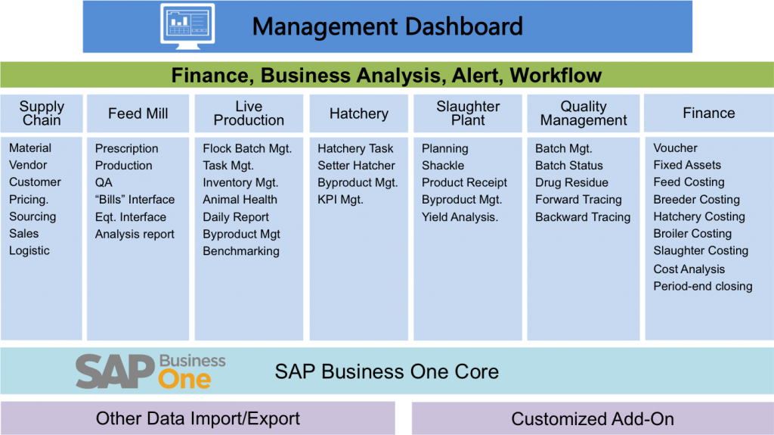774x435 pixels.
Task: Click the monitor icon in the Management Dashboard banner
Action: coord(187,26)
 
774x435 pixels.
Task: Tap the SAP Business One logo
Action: coord(150,371)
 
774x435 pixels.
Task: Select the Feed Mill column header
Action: coord(138,113)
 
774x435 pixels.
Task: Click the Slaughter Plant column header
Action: coord(468,113)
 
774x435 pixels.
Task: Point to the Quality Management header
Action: coord(584,113)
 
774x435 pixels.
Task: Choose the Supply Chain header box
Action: coord(42,113)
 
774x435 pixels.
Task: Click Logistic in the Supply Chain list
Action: coord(29,250)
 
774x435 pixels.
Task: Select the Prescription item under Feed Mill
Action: coord(126,148)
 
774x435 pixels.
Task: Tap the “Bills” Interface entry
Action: coord(135,199)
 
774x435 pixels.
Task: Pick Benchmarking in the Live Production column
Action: coord(241,251)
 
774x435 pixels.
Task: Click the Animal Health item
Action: coord(240,199)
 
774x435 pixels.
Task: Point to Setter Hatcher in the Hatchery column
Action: coord(357,165)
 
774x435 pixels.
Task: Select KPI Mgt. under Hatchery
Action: coord(340,199)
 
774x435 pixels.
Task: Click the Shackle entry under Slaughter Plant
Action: coord(443,165)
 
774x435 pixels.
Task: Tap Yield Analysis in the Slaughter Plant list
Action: coord(460,217)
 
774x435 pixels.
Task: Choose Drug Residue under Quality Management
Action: coord(571,182)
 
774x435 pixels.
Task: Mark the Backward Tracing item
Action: coord(583,217)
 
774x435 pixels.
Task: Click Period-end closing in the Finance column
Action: coord(703,286)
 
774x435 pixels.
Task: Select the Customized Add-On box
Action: coord(593,418)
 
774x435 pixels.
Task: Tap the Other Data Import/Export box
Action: coord(197,418)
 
